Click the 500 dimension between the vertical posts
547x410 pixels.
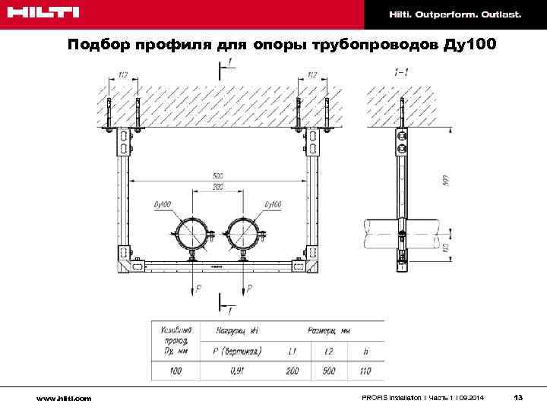(x=217, y=176)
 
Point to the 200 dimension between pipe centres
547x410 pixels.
(x=217, y=186)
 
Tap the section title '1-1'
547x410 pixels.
(x=402, y=72)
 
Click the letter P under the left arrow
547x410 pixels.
(x=198, y=289)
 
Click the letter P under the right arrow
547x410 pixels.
(x=250, y=289)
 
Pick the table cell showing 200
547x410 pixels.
(x=292, y=371)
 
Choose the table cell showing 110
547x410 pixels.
(x=365, y=371)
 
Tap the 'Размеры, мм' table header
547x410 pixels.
(x=328, y=330)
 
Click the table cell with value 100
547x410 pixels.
(x=176, y=371)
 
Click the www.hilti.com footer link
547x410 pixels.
(x=65, y=398)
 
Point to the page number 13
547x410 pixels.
(x=518, y=397)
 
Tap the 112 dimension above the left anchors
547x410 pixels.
(x=122, y=74)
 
